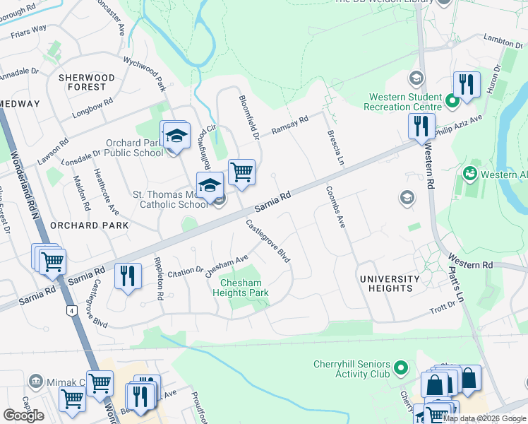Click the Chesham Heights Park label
(241, 287)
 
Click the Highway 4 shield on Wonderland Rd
(71, 310)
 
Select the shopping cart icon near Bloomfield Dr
(241, 172)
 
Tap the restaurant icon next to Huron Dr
(466, 84)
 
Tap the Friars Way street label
(29, 28)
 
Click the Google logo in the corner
(23, 415)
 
